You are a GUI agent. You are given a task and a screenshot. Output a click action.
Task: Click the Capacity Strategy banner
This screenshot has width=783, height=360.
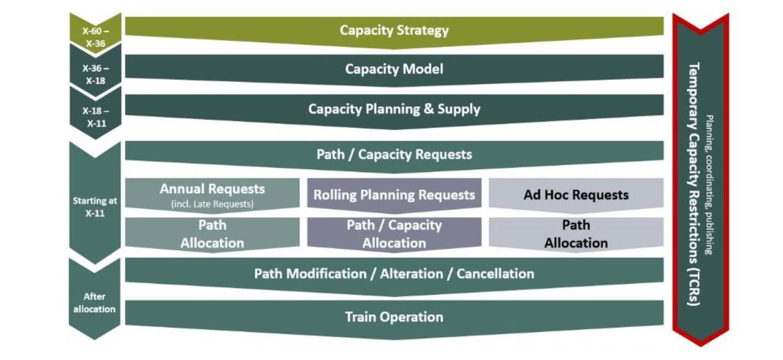click(x=394, y=30)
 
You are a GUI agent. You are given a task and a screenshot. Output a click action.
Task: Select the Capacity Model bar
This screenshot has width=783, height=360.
click(x=394, y=69)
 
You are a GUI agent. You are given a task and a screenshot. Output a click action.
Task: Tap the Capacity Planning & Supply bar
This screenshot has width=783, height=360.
click(x=394, y=109)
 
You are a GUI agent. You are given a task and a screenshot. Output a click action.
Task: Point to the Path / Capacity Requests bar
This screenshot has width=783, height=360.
click(x=394, y=155)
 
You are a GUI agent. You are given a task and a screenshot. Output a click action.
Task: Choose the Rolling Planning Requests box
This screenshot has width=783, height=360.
click(x=394, y=195)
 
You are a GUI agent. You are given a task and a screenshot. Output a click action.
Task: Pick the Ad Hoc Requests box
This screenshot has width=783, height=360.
click(x=576, y=195)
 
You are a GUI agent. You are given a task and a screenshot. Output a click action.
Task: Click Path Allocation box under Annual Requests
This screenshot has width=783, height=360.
click(x=212, y=234)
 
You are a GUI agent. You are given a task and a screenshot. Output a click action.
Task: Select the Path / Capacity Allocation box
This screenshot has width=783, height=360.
click(x=394, y=234)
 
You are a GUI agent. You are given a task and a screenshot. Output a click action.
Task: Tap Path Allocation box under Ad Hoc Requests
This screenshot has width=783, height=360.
click(x=576, y=234)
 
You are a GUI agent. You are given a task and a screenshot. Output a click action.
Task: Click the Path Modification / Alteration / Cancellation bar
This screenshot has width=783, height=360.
click(x=394, y=274)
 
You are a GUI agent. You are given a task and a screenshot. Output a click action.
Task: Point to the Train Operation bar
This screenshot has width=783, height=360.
click(x=394, y=317)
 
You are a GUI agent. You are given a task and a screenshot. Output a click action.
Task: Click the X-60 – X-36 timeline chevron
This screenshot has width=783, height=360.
click(x=95, y=37)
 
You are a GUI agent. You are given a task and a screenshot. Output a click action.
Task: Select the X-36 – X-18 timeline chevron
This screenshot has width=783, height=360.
click(x=95, y=74)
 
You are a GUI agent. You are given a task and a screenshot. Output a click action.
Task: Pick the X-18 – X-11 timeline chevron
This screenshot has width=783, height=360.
click(x=95, y=117)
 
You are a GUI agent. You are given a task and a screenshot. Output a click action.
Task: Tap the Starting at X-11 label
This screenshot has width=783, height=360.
click(x=95, y=207)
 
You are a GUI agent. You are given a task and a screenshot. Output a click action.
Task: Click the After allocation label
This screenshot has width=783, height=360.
click(x=94, y=303)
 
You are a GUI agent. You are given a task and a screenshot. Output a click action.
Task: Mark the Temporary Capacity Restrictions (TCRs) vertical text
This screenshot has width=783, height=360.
click(x=693, y=184)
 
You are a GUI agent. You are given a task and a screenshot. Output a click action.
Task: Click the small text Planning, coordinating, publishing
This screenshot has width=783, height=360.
click(x=709, y=184)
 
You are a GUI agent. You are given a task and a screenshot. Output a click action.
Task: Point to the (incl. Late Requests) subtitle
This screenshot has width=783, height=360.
click(x=212, y=204)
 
